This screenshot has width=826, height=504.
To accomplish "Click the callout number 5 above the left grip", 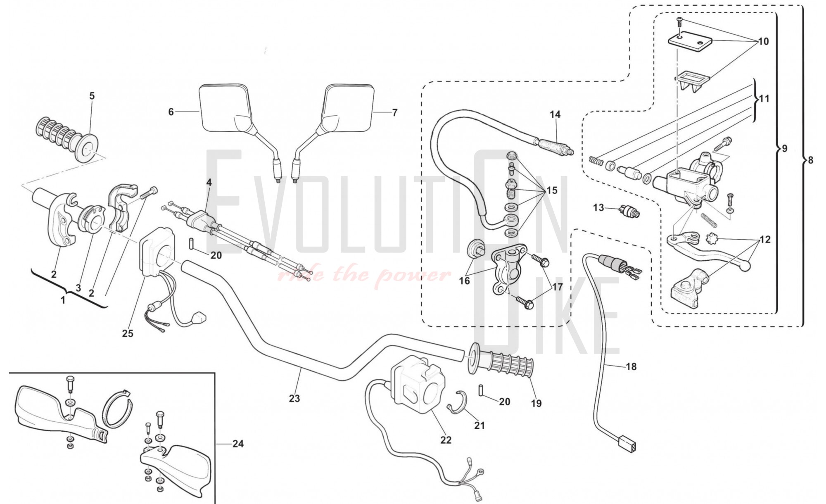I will (x=92, y=96).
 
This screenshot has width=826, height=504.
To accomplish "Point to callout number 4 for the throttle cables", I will (x=209, y=182).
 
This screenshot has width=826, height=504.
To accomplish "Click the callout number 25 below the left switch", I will (x=128, y=333).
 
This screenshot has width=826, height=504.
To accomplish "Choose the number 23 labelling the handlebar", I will (x=294, y=399).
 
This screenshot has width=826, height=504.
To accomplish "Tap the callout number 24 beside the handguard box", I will (x=238, y=444).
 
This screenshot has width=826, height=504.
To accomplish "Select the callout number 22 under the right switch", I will (x=446, y=440).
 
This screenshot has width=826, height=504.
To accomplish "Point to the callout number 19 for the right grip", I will (x=536, y=403).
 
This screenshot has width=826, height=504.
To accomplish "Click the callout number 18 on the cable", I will (x=631, y=366).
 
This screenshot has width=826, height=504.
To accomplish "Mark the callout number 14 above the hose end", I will (x=555, y=114).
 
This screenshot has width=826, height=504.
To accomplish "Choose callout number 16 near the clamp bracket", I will (x=465, y=281).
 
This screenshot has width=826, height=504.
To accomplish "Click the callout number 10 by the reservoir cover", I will (x=763, y=41).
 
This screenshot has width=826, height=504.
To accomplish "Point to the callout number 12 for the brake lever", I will (x=765, y=240).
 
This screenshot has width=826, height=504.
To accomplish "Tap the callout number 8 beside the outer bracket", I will (x=810, y=160).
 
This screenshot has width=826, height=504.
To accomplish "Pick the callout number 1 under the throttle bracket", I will (x=63, y=300).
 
